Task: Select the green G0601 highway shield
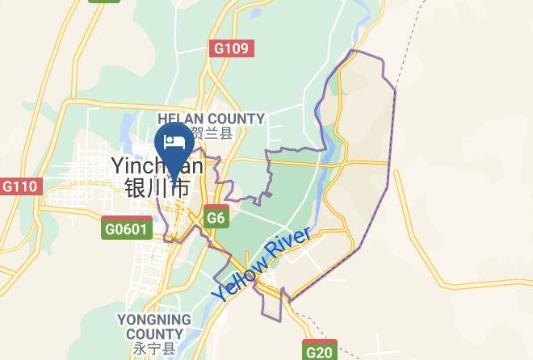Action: (127, 228)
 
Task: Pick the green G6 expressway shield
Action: (216, 217)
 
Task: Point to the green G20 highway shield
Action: (320, 351)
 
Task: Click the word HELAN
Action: (186, 119)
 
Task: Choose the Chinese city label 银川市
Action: (157, 188)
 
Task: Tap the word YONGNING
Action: (153, 320)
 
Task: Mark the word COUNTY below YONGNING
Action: (153, 334)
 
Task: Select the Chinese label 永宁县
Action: (153, 349)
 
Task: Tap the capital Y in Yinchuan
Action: (118, 165)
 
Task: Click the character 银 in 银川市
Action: (135, 188)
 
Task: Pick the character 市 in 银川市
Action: (180, 188)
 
